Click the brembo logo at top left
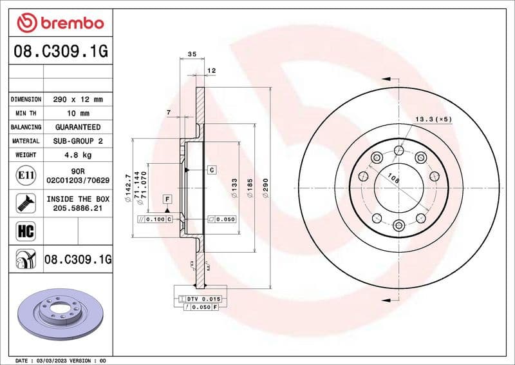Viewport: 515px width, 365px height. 60,23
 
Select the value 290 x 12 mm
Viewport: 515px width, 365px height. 78,100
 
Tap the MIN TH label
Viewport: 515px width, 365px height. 26,113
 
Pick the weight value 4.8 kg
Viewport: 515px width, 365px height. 78,155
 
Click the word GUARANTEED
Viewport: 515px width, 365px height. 78,127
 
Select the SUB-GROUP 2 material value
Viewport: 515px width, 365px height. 78,141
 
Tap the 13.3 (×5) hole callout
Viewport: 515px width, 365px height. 433,119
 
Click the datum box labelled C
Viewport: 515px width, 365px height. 211,170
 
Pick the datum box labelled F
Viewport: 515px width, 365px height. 166,199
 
